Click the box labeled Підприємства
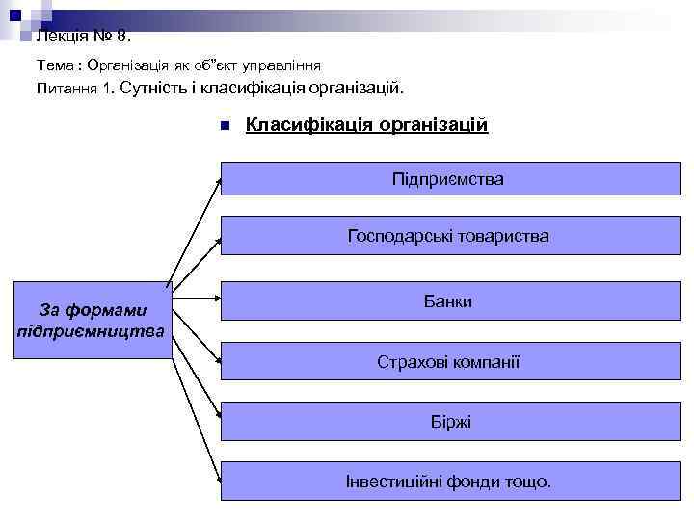click(447, 180)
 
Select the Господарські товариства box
click(447, 236)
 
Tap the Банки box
click(447, 301)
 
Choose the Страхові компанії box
click(447, 363)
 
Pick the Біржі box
click(447, 422)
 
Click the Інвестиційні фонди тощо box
click(447, 481)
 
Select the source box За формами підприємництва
click(93, 321)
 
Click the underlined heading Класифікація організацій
click(367, 125)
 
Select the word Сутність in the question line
click(156, 89)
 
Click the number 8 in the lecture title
click(120, 38)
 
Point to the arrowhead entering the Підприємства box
click(218, 180)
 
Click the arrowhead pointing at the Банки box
click(218, 298)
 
